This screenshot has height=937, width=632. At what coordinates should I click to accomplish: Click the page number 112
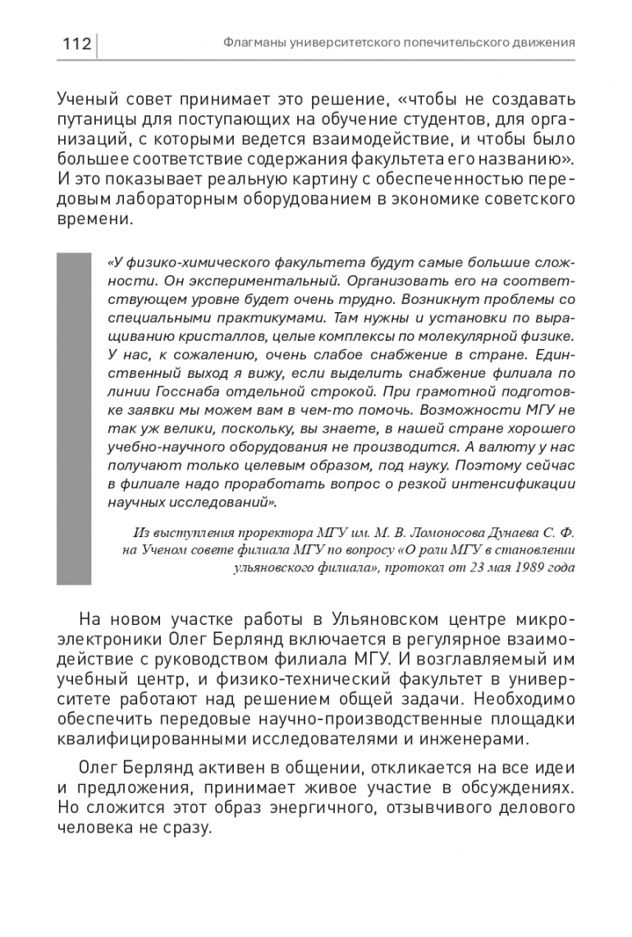click(x=76, y=44)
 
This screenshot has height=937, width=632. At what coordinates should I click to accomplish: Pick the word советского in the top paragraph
click(x=527, y=200)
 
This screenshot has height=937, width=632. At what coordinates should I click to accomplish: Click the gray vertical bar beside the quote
click(x=73, y=418)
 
